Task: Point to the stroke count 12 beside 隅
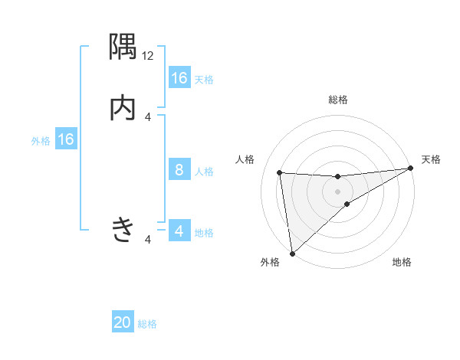[148, 55]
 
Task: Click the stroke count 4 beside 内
[148, 116]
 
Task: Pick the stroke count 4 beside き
[148, 240]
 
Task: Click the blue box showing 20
[123, 322]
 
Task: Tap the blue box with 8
[179, 170]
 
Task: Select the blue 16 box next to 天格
[179, 78]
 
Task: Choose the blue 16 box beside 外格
[66, 139]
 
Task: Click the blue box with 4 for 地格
[179, 231]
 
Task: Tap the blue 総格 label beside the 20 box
[148, 324]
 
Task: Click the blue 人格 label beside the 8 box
[204, 171]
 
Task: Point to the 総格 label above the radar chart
[338, 100]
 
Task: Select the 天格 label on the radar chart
[432, 159]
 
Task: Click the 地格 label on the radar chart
[402, 263]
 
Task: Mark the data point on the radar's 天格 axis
[411, 169]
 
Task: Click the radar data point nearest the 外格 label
[292, 253]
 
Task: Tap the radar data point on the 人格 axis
[280, 172]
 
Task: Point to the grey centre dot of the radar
[338, 191]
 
